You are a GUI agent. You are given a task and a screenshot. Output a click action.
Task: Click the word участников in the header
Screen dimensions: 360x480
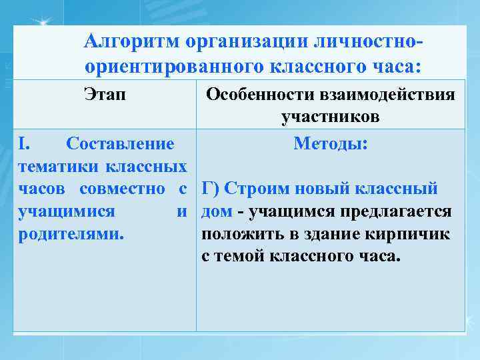tap(330, 118)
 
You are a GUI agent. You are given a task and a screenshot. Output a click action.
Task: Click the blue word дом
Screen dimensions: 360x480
tap(217, 211)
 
